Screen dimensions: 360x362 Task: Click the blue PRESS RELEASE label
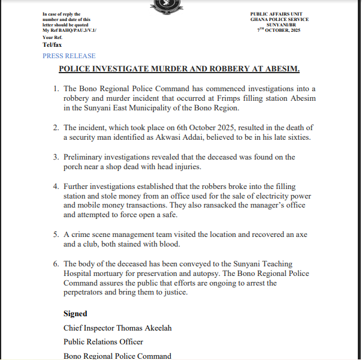[69, 56]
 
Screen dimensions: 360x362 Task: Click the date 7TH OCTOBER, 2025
[279, 30]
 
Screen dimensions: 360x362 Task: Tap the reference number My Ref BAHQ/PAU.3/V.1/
[70, 30]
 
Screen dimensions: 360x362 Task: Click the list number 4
[55, 187]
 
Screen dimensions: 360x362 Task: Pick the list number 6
[55, 263]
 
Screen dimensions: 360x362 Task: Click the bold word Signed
[76, 313]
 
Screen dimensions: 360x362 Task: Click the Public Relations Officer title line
[103, 342]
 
